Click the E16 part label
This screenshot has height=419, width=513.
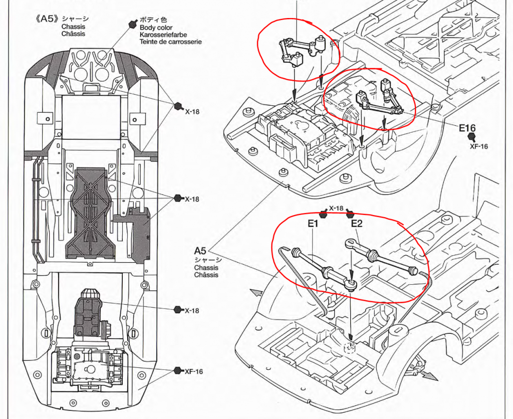467,128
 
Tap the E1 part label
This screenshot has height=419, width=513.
313,224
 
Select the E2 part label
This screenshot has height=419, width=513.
357,224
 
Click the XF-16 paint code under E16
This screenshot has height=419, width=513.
478,146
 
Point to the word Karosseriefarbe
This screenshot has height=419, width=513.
163,35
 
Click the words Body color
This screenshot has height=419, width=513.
156,28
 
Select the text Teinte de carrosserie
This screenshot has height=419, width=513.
170,42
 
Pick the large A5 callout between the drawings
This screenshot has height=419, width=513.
200,251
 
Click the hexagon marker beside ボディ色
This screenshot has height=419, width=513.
132,24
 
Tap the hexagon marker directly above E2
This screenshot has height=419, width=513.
350,215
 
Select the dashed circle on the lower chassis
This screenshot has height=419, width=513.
350,348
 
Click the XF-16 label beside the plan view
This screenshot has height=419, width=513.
194,371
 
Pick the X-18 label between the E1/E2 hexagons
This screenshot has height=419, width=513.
336,208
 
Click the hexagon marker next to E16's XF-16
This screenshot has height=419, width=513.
471,137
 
